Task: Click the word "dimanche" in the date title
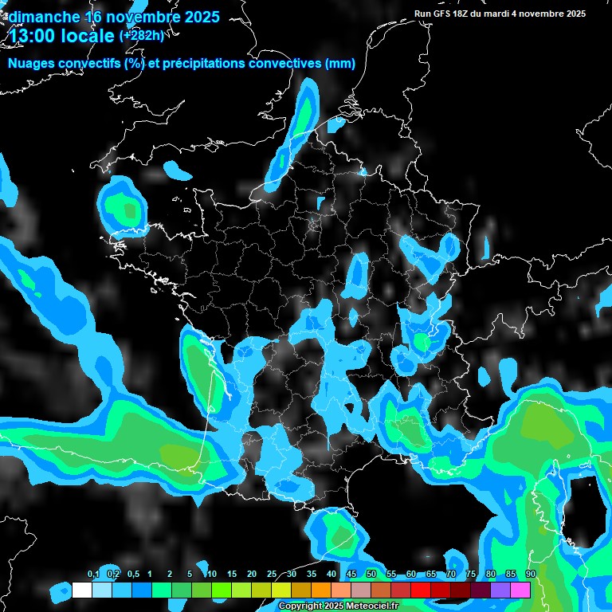pos(45,17)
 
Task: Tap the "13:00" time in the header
pos(33,35)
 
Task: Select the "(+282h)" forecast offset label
pos(142,35)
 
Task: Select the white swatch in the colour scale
pos(82,590)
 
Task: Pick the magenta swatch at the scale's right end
pos(520,590)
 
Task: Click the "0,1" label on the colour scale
pos(93,575)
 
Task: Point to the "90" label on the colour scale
pos(531,575)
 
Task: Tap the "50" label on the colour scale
pos(371,575)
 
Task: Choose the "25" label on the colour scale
pos(272,575)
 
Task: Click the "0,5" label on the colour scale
pos(133,575)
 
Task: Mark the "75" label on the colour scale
pos(471,575)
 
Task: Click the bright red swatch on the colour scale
pos(421,590)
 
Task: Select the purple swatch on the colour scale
pos(500,590)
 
